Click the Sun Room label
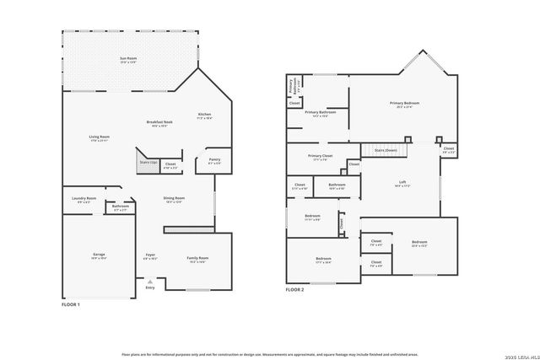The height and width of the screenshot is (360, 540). pos(128,58)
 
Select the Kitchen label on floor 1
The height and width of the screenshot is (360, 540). pos(204,115)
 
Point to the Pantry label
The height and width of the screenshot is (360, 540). pos(213,161)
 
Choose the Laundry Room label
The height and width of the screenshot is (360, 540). pos(84,199)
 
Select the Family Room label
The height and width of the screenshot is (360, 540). pos(197,258)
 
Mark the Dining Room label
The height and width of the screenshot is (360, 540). pos(175,199)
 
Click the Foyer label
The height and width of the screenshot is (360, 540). pos(149,255)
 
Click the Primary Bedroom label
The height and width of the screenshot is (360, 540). pos(404,104)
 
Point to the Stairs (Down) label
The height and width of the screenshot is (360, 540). pos(386,150)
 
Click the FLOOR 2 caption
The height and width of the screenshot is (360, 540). pos(294,289)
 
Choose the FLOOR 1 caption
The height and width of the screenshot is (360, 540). pos(72,304)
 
